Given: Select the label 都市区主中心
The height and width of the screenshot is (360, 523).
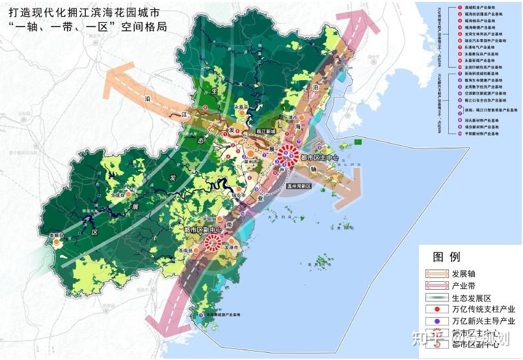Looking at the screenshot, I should click(x=315, y=156).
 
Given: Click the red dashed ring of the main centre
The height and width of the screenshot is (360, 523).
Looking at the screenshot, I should click(x=288, y=156).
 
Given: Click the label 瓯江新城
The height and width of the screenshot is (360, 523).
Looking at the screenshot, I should click(x=266, y=132).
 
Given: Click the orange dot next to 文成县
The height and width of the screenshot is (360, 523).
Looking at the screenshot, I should click(x=129, y=194).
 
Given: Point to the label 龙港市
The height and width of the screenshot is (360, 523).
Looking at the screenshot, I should click(x=232, y=248).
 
